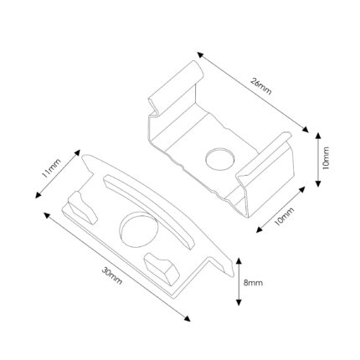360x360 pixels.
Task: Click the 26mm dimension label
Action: [x=261, y=87]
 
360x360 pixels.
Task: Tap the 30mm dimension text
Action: [x=112, y=275]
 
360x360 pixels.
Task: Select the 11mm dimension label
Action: [x=51, y=168]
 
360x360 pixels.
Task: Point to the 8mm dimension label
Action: [x=253, y=283]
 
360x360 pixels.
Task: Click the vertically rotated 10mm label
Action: [x=326, y=157]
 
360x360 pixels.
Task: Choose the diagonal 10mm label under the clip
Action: [x=284, y=217]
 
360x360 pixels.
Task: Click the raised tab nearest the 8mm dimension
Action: [x=162, y=269]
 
